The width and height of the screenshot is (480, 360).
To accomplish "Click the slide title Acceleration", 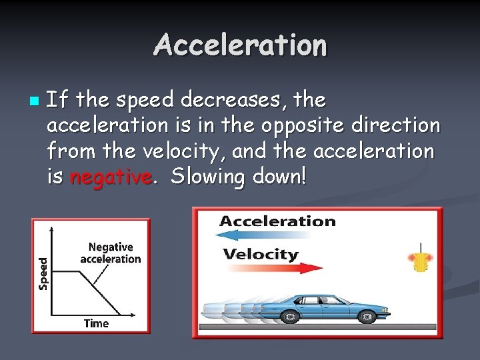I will pyautogui.click(x=240, y=45).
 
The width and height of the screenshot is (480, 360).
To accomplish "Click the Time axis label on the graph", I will pyautogui.click(x=96, y=323).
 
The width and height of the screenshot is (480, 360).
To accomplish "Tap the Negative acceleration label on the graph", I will pyautogui.click(x=110, y=253).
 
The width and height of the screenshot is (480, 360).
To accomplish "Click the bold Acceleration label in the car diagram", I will pyautogui.click(x=277, y=221).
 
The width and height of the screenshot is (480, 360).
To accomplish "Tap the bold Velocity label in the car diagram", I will pyautogui.click(x=261, y=254).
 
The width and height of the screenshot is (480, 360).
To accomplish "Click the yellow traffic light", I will pyautogui.click(x=420, y=261).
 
